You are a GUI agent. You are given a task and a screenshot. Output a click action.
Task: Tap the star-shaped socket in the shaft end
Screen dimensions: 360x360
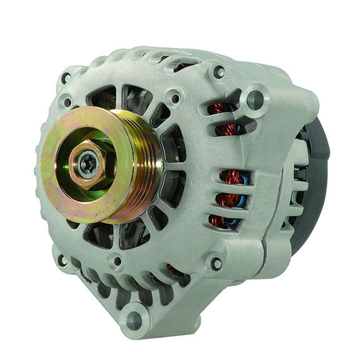tap(88, 166)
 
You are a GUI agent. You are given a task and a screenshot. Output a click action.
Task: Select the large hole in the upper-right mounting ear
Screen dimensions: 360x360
tap(254, 97)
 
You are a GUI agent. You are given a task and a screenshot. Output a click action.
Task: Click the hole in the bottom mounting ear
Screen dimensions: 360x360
tap(133, 320)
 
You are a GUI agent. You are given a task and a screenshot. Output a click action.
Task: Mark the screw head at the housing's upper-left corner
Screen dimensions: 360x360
tap(66, 79)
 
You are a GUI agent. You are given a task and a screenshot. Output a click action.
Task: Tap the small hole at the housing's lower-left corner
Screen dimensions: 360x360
tap(62, 259)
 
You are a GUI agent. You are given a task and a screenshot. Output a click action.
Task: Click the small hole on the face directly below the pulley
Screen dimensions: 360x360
tap(116, 261)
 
